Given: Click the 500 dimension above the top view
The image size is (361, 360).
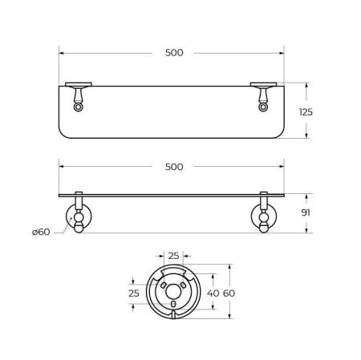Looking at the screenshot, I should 173,53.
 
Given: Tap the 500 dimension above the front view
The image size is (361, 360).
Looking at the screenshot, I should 173,167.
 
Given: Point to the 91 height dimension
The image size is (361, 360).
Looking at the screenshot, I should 304,214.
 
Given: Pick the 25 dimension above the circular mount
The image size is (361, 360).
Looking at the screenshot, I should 174,255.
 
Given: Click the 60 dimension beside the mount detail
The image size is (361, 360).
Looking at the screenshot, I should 229,293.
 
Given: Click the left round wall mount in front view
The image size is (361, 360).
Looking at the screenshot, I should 79,216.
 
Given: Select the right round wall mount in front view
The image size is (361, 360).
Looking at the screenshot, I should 263,216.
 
